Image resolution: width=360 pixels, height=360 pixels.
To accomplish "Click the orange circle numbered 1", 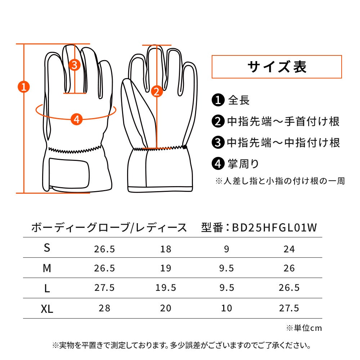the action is coord(24,87).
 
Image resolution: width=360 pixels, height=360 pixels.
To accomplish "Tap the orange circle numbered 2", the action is coord(157,91).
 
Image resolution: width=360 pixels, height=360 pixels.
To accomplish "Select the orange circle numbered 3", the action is coord(75,65).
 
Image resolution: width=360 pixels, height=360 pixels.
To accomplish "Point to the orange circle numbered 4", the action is coord(76,120).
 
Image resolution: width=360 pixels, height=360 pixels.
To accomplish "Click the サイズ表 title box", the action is coord(276,67).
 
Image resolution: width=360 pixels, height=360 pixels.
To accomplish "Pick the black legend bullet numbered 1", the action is coord(218,100).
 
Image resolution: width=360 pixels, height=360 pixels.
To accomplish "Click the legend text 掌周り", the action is coord(243,164).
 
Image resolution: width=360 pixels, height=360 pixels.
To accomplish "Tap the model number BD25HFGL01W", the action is coord(275,228).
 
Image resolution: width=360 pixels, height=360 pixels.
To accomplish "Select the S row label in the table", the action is coord(47,248).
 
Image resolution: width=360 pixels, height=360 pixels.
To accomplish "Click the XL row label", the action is coord(47,309).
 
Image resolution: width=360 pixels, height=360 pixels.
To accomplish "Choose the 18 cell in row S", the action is coord(166,249).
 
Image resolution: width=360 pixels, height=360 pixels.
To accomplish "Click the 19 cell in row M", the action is coord(166,268).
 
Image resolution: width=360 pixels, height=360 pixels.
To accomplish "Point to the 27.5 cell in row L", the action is coord(104,288).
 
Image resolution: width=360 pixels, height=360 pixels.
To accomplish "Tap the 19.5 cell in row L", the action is coord(166,288).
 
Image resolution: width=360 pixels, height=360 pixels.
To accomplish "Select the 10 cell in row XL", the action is coord(226,308).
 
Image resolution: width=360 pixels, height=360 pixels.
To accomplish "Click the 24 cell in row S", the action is coord(289,249).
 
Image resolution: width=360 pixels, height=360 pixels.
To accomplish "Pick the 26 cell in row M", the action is coord(289,268).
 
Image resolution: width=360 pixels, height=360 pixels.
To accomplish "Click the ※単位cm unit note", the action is coord(304,328).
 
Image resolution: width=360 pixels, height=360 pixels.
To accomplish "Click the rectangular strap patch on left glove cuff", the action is coord(69,173).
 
